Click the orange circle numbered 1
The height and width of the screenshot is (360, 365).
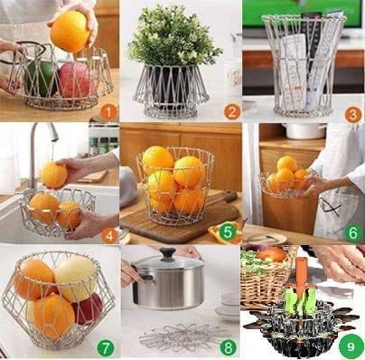click(108, 112)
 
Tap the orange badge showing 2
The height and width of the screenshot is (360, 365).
click(232, 112)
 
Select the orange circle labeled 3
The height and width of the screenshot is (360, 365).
click(353, 114)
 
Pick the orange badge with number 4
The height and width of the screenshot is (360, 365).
click(109, 235)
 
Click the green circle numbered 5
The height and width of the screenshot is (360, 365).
click(228, 232)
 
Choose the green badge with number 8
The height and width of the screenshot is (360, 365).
click(228, 347)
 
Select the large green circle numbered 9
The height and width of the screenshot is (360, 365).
click(351, 347)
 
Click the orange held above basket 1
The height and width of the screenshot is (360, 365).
click(70, 31)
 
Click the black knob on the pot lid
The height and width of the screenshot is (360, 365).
click(167, 254)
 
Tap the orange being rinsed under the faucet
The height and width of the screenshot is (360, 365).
click(53, 175)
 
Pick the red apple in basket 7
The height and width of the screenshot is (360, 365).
click(89, 308)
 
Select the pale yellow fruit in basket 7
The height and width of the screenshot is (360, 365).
click(76, 278)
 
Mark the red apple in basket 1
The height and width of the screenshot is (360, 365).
click(77, 79)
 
